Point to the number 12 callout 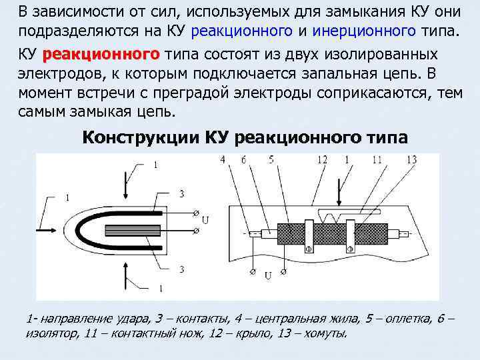click(323, 160)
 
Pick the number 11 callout click(377, 160)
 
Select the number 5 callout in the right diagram click(271, 160)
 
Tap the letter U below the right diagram click(267, 275)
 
